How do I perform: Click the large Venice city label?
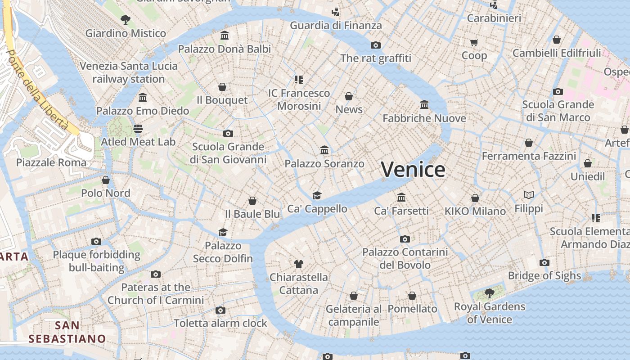click(413, 170)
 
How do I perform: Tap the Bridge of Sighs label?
click(544, 275)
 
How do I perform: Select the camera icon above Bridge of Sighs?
click(544, 262)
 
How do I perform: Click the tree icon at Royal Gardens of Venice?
click(490, 293)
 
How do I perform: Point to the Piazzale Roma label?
click(51, 162)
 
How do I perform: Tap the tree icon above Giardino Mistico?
click(126, 19)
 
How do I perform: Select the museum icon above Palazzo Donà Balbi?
click(225, 35)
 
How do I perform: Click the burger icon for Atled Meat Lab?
click(138, 128)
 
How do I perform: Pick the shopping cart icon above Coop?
click(474, 42)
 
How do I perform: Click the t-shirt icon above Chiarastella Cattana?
click(298, 264)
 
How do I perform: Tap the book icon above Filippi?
click(529, 195)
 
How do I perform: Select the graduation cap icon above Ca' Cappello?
click(317, 195)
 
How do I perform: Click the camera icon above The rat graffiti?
click(376, 45)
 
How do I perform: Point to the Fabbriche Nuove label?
click(424, 118)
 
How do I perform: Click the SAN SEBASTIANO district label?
click(67, 332)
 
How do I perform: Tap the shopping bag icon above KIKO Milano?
click(475, 198)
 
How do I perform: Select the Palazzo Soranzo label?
click(324, 164)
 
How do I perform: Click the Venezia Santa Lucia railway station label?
click(129, 72)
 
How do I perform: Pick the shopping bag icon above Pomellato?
click(412, 296)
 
